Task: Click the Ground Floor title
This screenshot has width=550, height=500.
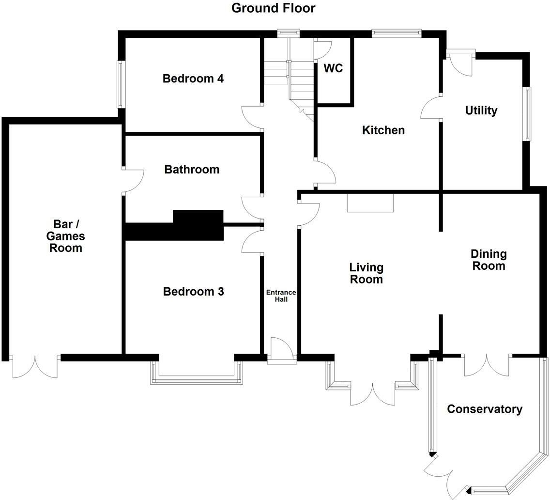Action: [273, 8]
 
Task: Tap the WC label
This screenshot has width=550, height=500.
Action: [333, 68]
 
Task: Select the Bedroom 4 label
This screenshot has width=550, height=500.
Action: [193, 78]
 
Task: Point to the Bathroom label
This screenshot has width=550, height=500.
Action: [192, 170]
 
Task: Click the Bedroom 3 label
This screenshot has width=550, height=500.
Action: [193, 292]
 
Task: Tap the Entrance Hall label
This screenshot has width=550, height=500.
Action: [281, 296]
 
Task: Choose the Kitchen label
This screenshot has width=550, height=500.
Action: [383, 130]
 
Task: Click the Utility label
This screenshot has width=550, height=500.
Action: [481, 110]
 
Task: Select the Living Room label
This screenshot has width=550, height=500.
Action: [367, 273]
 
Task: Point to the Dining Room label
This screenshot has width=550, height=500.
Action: [489, 260]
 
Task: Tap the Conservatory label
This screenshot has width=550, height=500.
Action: [484, 409]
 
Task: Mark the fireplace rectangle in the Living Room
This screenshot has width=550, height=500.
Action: [370, 203]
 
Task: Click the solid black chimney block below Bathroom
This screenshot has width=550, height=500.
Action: [198, 225]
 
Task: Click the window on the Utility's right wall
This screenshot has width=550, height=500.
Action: [526, 114]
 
